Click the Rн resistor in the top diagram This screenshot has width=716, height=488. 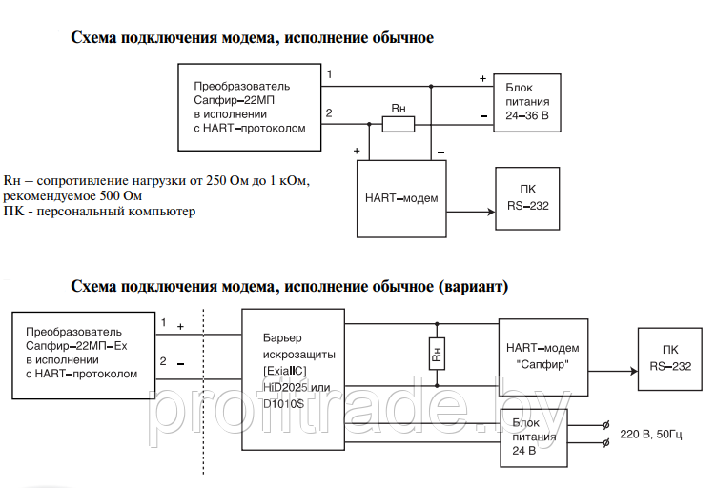[x=399, y=122]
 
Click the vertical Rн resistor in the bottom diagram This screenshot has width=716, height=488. [x=436, y=354]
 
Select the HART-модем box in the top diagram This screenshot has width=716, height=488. [x=400, y=198]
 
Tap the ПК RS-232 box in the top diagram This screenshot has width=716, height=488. [x=527, y=197]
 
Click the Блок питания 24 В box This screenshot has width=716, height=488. [x=533, y=437]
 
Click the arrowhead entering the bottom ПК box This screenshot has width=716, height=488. [x=632, y=373]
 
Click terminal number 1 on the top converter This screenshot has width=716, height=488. [x=329, y=73]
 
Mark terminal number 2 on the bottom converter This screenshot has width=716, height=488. [x=163, y=361]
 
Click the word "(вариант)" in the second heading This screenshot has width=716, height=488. [x=474, y=286]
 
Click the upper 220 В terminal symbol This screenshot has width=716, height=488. [x=605, y=426]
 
